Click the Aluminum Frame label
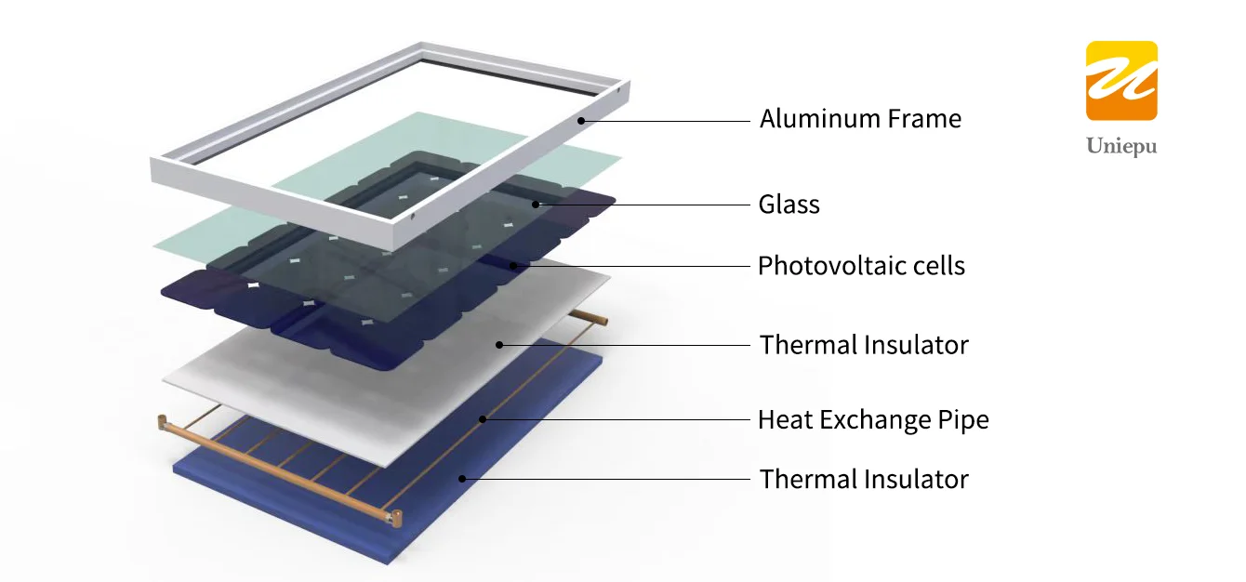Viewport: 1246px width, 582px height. (x=860, y=119)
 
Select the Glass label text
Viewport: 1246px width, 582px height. (x=789, y=205)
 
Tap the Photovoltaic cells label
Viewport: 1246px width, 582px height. (x=861, y=266)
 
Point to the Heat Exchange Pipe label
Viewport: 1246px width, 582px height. (x=873, y=419)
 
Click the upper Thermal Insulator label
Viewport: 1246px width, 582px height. (x=864, y=345)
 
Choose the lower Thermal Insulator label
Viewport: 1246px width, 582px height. (x=864, y=479)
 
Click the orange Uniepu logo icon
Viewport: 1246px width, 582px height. (x=1121, y=81)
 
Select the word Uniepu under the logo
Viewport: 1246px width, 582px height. (x=1121, y=147)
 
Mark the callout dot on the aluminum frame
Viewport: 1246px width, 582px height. (x=580, y=120)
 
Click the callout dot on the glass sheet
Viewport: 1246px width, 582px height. (x=536, y=204)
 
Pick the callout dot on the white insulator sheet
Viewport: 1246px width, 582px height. (x=499, y=345)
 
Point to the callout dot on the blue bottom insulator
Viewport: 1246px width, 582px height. (x=463, y=479)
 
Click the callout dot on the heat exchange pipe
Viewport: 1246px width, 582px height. (x=483, y=419)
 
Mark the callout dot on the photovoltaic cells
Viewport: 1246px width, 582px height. (x=512, y=265)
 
